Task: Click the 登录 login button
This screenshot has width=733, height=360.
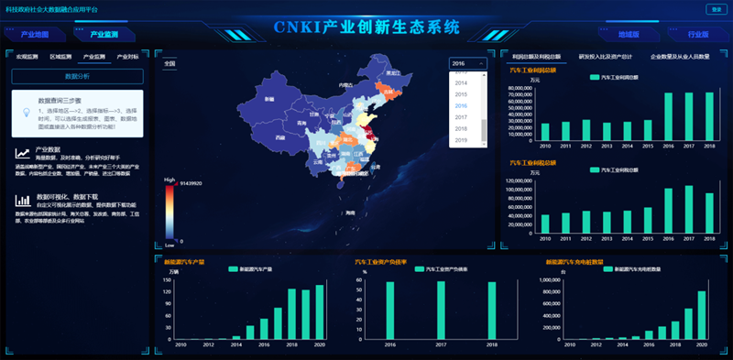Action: click(x=714, y=9)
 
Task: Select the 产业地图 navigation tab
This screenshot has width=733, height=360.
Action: click(x=35, y=35)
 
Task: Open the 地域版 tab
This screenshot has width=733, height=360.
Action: click(x=629, y=35)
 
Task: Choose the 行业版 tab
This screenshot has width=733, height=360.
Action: click(x=698, y=35)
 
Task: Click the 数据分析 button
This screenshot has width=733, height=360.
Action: click(x=77, y=76)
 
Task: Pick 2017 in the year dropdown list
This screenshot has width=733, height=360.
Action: click(x=461, y=117)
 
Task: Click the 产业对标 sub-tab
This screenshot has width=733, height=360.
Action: click(x=127, y=57)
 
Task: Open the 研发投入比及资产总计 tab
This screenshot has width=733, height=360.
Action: click(x=604, y=57)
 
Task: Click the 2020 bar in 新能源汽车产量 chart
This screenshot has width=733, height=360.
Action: click(x=320, y=311)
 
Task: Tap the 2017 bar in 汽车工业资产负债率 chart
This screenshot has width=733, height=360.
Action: click(x=442, y=310)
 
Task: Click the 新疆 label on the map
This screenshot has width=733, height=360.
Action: click(x=269, y=98)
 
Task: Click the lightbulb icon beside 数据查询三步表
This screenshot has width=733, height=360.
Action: click(x=27, y=113)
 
